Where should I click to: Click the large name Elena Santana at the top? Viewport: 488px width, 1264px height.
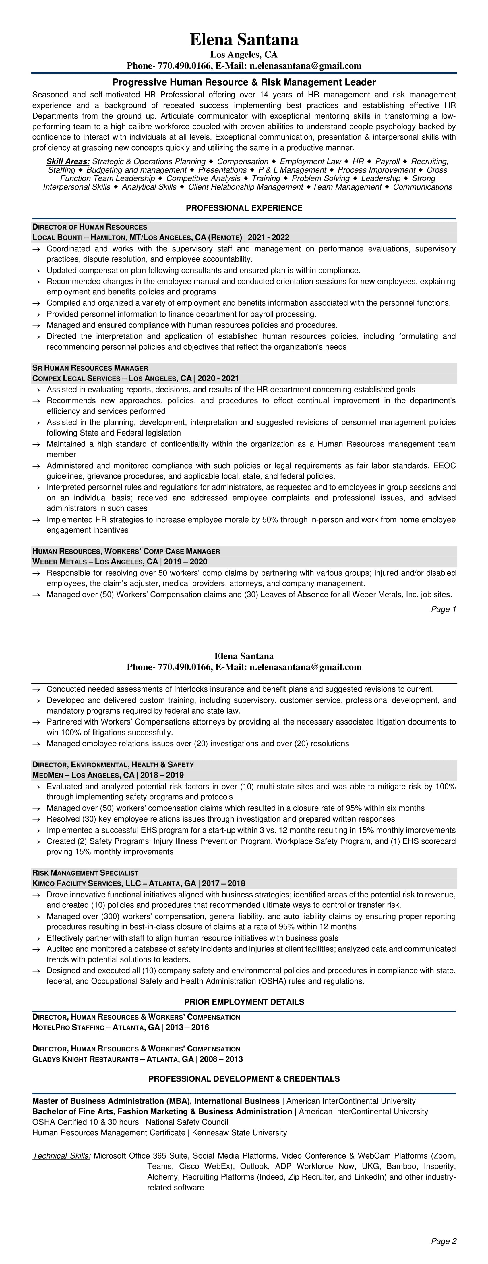coord(244,40)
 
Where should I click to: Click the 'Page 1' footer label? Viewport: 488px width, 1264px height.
coord(444,609)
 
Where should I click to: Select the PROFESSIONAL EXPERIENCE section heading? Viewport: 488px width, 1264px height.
coord(244,208)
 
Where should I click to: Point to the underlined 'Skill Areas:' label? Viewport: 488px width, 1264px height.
coord(68,161)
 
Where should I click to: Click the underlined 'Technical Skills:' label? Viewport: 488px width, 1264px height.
coord(62,1156)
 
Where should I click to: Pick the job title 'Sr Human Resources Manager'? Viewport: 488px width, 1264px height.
coord(90,368)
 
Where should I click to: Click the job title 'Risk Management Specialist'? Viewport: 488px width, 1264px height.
coord(85,873)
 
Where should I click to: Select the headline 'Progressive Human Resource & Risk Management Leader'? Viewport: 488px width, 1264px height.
coord(244,82)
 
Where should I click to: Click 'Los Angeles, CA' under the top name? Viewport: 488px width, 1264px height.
coord(244,55)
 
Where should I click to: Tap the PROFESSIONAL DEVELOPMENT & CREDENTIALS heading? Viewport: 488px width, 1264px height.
coord(244,1079)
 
